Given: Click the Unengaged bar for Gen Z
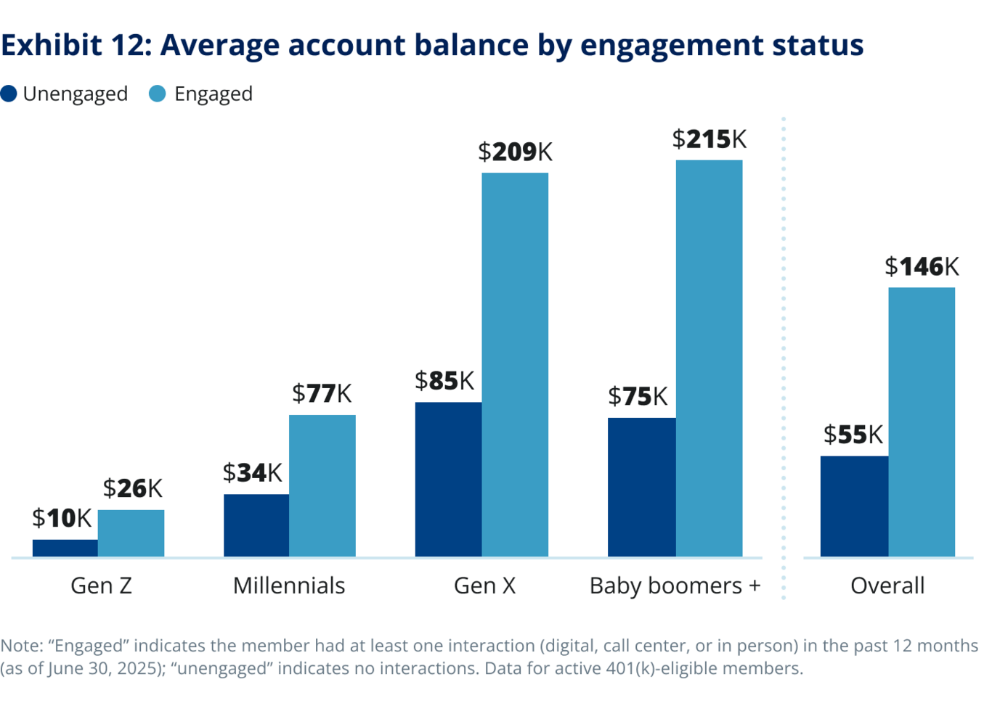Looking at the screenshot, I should pyautogui.click(x=65, y=548).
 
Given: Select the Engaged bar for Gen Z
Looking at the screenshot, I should pyautogui.click(x=131, y=533).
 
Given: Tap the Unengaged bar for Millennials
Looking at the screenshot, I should pyautogui.click(x=256, y=525).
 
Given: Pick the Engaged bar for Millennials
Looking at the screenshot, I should pyautogui.click(x=322, y=486).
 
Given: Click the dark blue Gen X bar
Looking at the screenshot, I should pyautogui.click(x=448, y=480).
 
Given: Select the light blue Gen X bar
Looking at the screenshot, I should pyautogui.click(x=515, y=365).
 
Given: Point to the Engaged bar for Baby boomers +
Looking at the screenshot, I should pyautogui.click(x=709, y=358).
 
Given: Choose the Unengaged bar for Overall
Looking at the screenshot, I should pyautogui.click(x=854, y=506).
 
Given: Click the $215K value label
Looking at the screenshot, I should pyautogui.click(x=709, y=139).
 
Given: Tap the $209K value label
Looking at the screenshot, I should pyautogui.click(x=515, y=152).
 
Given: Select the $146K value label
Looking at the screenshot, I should pyautogui.click(x=922, y=267).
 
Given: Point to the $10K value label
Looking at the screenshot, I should pyautogui.click(x=62, y=519).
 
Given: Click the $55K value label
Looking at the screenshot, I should pyautogui.click(x=853, y=435).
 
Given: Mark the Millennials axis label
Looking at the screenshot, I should pyautogui.click(x=289, y=585).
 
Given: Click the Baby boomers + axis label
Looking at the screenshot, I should pyautogui.click(x=675, y=585).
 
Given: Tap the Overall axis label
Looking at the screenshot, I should pyautogui.click(x=887, y=585).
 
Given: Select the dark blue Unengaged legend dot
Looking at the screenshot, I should pyautogui.click(x=9, y=94).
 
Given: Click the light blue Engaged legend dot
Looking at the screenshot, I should pyautogui.click(x=157, y=94).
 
